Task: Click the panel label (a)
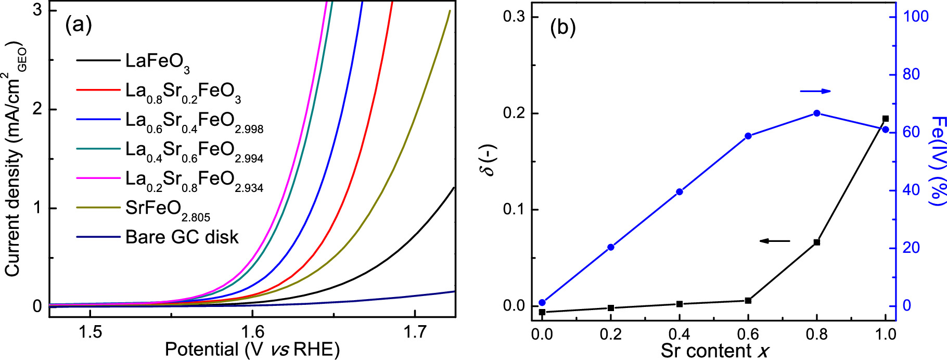point(79,24)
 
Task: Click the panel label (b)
point(563,27)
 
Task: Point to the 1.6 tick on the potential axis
point(252,331)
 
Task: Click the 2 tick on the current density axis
point(37,110)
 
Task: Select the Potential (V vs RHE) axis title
point(252,349)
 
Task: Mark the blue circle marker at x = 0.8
point(817,113)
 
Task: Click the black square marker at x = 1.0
point(886,119)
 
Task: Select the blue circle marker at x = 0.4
point(680,192)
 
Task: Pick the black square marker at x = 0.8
point(817,242)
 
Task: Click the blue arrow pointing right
point(815,92)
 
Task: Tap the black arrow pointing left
point(775,241)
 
